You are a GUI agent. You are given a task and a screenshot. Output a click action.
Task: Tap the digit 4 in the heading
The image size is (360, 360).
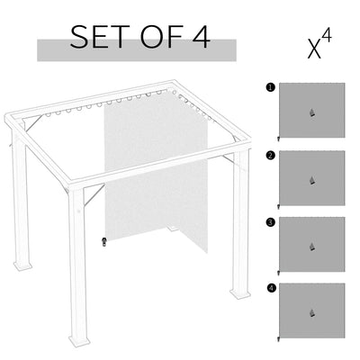point(200,37)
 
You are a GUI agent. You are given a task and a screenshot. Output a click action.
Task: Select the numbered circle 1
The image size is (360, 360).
point(271,88)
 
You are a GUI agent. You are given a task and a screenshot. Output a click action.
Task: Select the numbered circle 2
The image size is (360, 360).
point(271,155)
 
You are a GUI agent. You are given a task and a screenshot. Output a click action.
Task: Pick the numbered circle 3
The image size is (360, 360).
point(271,221)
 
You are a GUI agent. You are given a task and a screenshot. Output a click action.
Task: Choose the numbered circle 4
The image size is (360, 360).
point(271,287)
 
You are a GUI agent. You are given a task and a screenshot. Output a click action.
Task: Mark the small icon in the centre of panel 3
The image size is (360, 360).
point(312,246)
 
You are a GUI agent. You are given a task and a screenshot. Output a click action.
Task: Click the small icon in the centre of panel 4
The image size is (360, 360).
point(312,311)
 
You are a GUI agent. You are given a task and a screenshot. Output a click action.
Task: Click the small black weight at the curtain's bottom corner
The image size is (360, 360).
point(104,241)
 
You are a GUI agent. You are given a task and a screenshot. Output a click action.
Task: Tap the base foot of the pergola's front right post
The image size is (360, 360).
point(239,293)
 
